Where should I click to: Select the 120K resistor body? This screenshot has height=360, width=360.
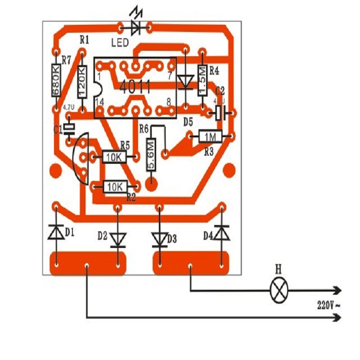(82, 81)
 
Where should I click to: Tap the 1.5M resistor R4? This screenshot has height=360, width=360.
(202, 80)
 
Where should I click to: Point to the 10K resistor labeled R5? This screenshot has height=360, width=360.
(114, 157)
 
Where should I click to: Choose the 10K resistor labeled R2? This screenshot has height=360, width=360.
(115, 186)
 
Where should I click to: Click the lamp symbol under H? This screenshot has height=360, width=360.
(279, 291)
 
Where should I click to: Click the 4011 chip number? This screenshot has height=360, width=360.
(135, 87)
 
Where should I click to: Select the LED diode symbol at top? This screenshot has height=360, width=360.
(135, 28)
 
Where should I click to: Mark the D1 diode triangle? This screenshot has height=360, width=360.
(56, 233)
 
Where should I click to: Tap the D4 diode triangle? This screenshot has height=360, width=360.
(220, 233)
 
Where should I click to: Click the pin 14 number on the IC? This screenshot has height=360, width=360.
(100, 103)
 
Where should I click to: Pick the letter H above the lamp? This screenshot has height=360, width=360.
(278, 270)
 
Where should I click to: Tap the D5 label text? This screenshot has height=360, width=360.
(188, 121)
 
